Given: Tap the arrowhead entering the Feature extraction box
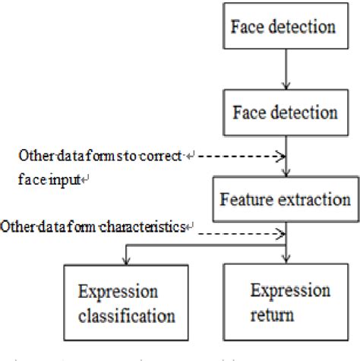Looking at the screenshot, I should [x=286, y=174].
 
